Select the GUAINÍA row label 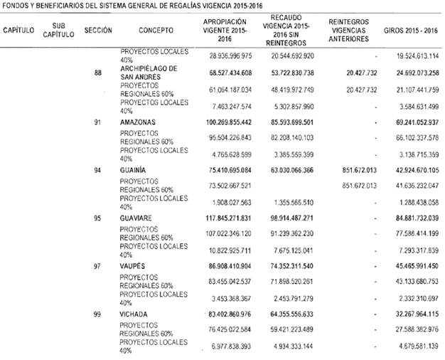(x=133, y=170)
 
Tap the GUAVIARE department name (x=136, y=217)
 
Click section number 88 (x=97, y=72)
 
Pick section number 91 (x=97, y=123)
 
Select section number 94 (x=97, y=170)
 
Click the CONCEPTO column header (x=154, y=32)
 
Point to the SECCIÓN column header (x=97, y=32)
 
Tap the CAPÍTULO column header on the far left (x=19, y=32)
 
